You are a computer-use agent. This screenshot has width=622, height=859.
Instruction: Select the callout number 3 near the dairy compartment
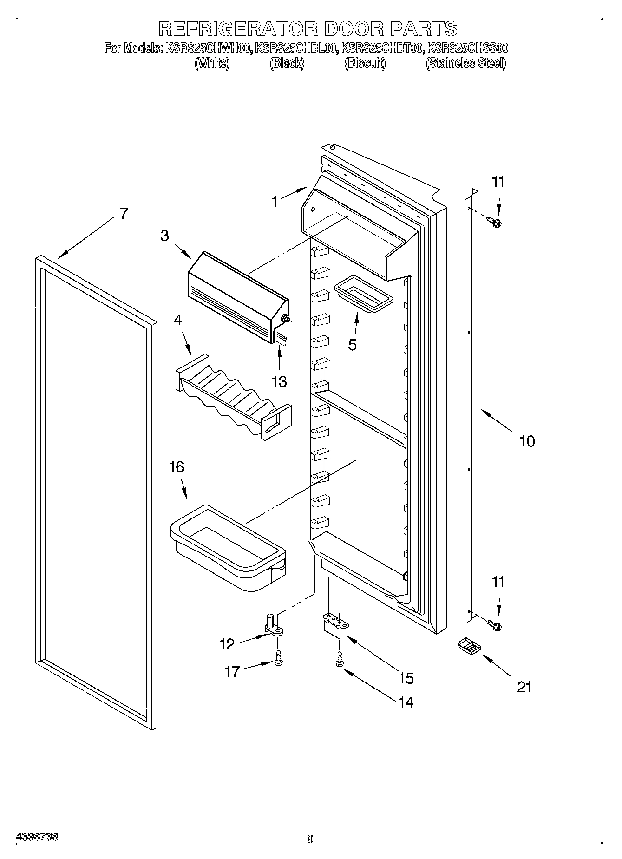point(165,236)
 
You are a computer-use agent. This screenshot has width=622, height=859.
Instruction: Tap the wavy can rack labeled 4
point(232,400)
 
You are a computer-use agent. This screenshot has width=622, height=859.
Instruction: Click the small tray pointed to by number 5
point(363,295)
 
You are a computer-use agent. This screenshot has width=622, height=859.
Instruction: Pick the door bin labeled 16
point(228,548)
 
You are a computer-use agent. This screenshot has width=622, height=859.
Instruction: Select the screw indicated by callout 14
point(340,659)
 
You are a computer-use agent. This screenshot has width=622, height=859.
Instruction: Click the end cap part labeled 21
point(468,646)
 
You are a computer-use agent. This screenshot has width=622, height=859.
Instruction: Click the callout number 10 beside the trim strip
point(527,441)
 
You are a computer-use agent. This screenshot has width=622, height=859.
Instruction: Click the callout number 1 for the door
point(275,202)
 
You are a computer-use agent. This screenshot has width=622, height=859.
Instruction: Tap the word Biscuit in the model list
point(365,63)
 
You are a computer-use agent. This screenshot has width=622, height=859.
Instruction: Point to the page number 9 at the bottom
point(310,839)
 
